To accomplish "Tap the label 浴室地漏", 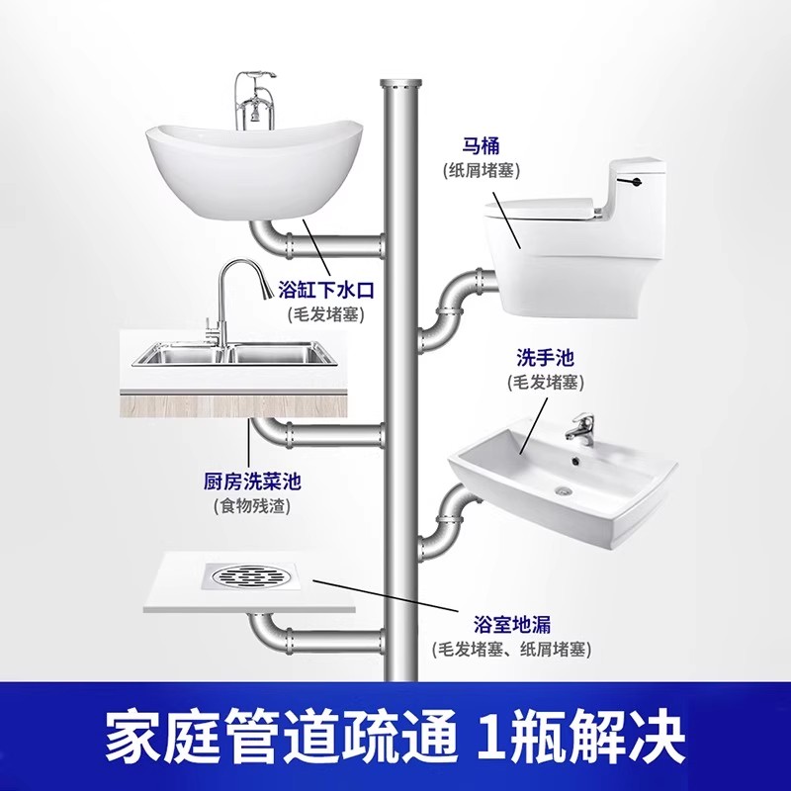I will pyautogui.click(x=511, y=625).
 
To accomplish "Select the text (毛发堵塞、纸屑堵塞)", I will pyautogui.click(x=511, y=649).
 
